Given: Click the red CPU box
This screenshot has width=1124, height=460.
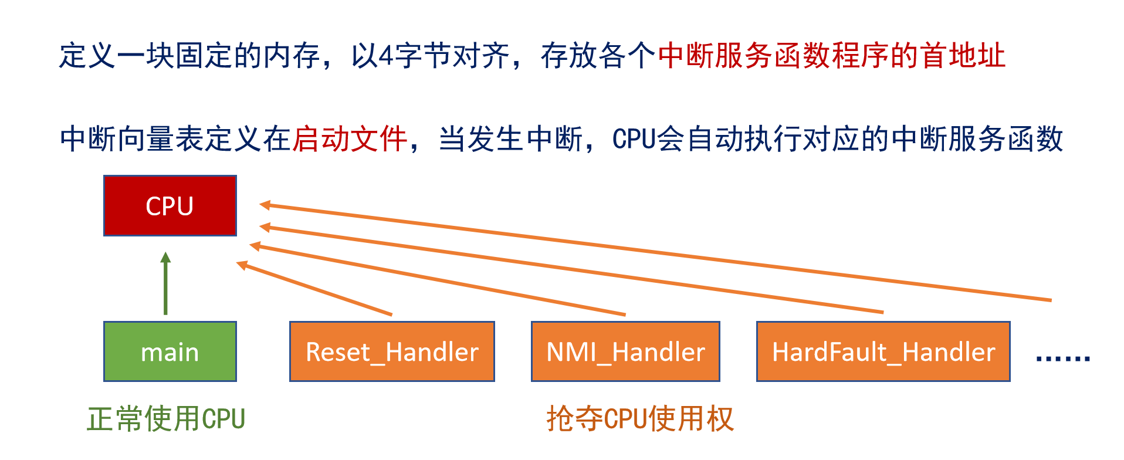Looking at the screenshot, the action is tap(170, 206).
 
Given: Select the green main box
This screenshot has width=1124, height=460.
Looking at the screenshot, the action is tap(170, 351).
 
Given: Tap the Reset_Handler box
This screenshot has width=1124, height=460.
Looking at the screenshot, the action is tap(392, 351).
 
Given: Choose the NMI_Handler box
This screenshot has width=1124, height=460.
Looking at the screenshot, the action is tap(625, 351).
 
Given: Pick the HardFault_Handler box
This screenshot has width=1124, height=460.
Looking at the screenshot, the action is tap(883, 351).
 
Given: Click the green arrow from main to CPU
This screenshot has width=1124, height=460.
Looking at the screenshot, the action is tap(166, 283).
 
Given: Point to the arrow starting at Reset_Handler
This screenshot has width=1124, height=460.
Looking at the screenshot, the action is tap(314, 288).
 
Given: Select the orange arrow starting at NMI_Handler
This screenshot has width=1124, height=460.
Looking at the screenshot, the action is tap(438, 279).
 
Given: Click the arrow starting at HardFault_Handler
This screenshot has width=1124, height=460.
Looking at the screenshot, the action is tap(571, 268).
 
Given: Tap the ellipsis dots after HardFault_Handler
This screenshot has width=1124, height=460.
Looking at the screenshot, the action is tap(1063, 357).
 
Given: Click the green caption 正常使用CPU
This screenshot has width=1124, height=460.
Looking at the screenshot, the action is tap(166, 419).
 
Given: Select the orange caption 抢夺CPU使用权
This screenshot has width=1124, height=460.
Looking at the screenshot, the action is tap(640, 419).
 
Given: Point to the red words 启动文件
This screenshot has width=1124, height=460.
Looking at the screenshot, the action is tap(350, 140).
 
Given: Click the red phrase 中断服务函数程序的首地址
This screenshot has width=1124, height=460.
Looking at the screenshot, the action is tap(832, 56).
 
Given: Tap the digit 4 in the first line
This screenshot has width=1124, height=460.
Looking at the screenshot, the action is tap(386, 56).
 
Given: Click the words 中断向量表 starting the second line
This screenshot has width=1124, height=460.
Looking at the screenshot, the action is tap(133, 140).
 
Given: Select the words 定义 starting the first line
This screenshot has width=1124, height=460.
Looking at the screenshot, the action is tap(87, 56).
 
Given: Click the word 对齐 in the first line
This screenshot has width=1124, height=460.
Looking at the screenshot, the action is tap(482, 56).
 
